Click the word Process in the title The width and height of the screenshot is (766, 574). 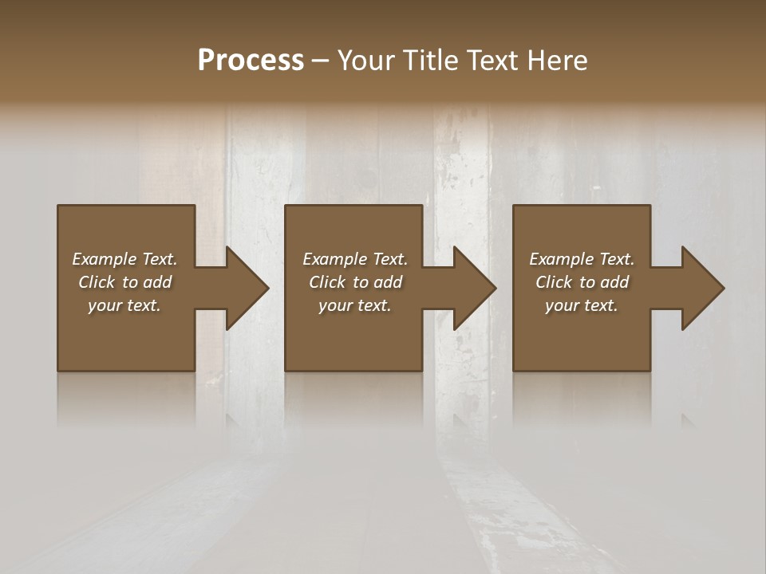pos(251,61)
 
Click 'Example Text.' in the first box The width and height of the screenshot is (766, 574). pos(124,259)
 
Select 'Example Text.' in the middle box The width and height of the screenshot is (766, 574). pos(355,259)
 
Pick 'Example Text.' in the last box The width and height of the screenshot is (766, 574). pos(582,259)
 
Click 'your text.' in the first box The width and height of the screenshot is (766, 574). pos(124,305)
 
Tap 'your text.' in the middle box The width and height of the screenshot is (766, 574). pos(355,305)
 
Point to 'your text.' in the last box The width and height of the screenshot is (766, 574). pos(582,305)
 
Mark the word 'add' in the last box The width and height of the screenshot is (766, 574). pos(615,282)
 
